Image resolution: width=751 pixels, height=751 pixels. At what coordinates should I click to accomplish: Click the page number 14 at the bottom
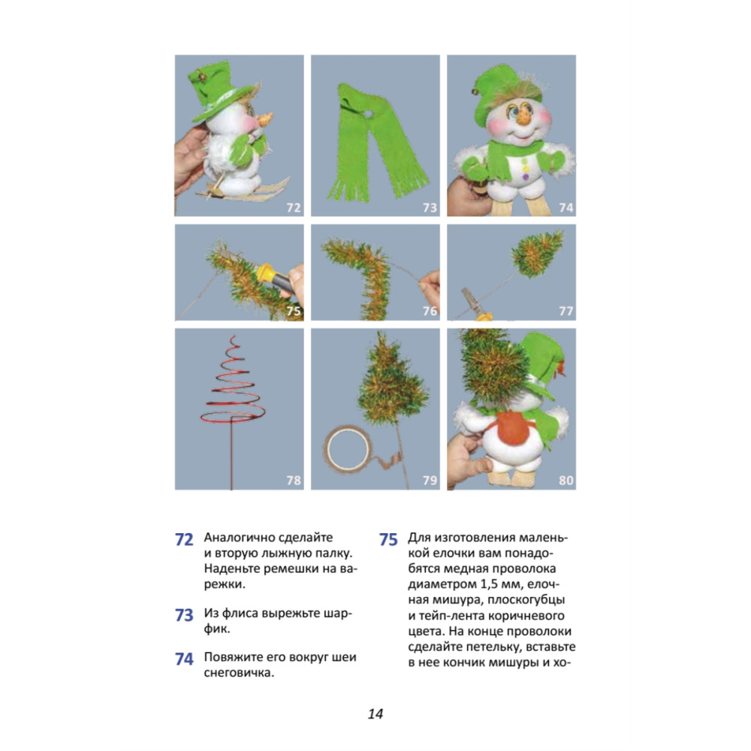tap(375, 713)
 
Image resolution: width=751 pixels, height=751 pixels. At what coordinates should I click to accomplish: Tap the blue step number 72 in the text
tap(184, 540)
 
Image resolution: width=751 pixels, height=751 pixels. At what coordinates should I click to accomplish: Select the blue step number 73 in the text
tap(184, 615)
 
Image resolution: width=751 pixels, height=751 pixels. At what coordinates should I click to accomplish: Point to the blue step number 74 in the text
tap(184, 659)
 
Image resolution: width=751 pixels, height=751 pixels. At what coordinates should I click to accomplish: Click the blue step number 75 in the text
tap(388, 540)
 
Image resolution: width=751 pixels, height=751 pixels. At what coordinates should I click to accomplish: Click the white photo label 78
tap(294, 480)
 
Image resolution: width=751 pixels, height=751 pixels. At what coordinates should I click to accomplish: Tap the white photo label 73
tap(430, 207)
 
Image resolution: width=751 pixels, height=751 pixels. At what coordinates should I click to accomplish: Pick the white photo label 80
tap(566, 480)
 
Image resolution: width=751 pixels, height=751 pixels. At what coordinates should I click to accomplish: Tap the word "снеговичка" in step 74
tap(239, 672)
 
